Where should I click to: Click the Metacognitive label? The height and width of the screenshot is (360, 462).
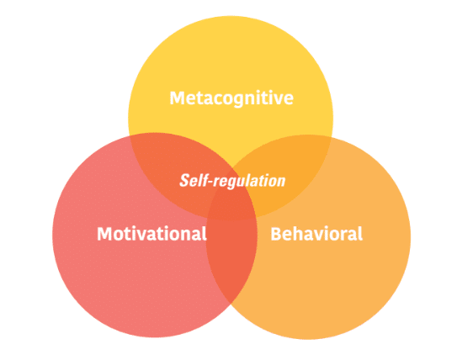[x=231, y=98]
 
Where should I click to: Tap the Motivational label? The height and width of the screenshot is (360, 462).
[x=152, y=234]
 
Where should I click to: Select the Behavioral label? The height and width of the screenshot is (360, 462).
[x=316, y=234]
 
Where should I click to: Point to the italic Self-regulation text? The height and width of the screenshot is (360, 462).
[x=232, y=181]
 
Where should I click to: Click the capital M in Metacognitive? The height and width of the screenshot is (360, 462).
[x=177, y=98]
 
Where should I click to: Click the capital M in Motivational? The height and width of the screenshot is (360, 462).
[x=104, y=234]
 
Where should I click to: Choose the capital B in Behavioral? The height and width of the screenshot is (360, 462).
[x=276, y=234]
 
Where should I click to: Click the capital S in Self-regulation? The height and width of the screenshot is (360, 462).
[x=185, y=180]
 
